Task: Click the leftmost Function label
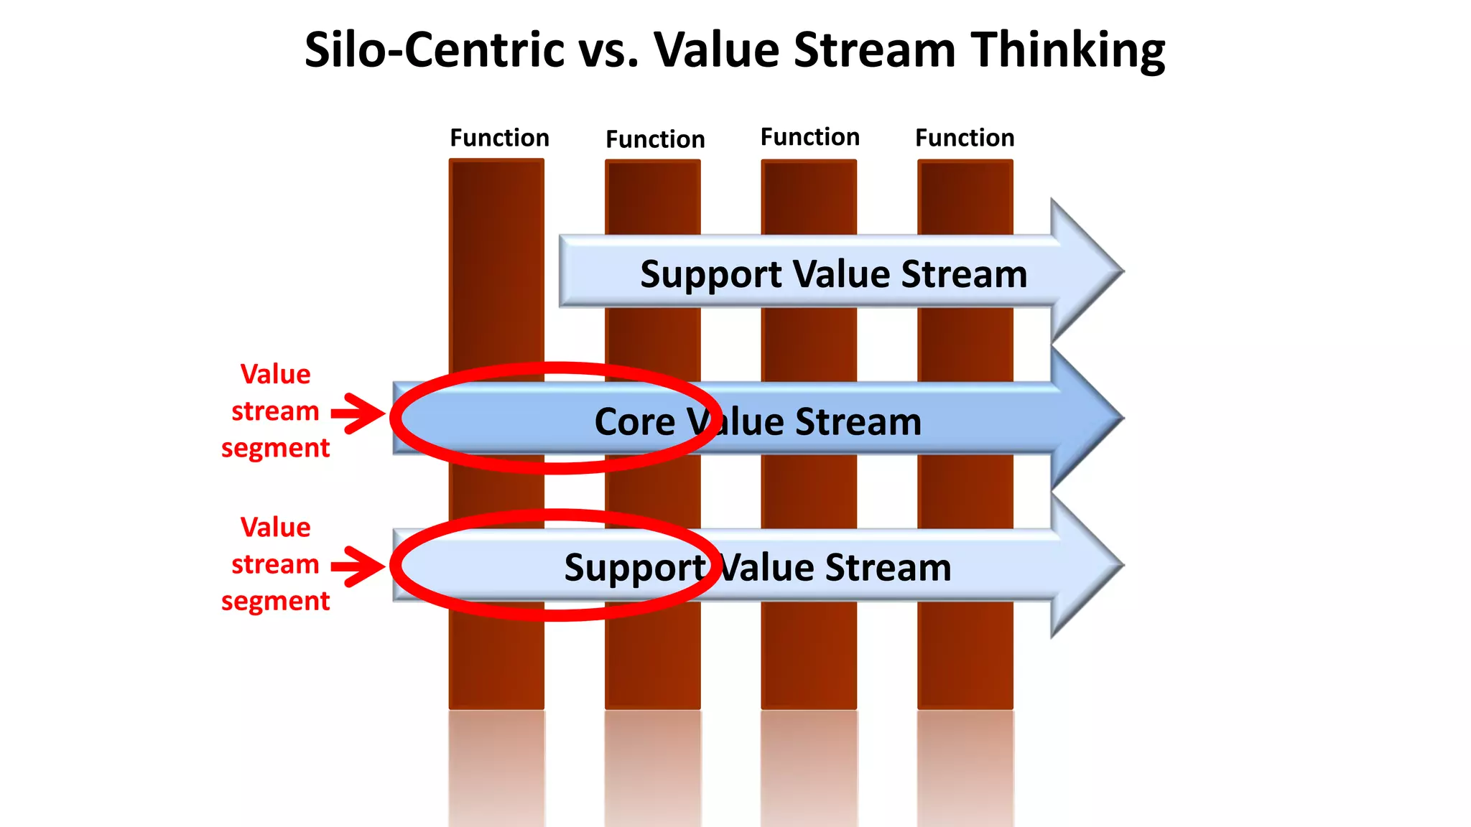[x=499, y=138]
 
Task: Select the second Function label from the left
[x=655, y=139]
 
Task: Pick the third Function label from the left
[x=810, y=137]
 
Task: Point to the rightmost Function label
[x=965, y=138]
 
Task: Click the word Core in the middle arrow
[x=635, y=421]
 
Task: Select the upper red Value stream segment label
[x=275, y=411]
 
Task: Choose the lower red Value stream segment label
[x=275, y=564]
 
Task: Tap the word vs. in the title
[x=608, y=50]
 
